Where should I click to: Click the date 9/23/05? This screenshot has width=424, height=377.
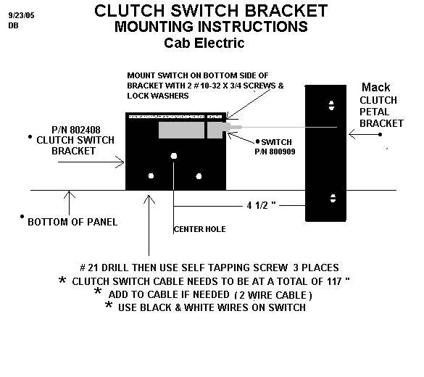(21, 15)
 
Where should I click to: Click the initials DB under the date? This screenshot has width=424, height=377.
(13, 25)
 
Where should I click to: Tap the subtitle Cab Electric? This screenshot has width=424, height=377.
(204, 43)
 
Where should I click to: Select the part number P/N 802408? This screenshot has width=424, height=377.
(76, 130)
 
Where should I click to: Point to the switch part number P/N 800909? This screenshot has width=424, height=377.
(275, 152)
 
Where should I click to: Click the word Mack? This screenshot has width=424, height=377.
(376, 87)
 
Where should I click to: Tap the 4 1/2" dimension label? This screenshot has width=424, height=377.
(261, 206)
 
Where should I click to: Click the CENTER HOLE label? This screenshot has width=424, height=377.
(200, 229)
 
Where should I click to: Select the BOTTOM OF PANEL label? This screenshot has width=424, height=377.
(72, 222)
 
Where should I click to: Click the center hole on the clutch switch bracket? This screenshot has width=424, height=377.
(174, 156)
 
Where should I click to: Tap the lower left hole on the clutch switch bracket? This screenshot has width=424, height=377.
(151, 176)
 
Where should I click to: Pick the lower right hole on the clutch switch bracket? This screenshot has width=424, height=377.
(199, 176)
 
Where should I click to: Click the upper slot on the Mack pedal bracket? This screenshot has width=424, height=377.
(331, 105)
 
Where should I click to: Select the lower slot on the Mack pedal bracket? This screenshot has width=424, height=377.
(333, 198)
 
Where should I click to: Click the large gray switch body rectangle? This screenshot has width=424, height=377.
(181, 130)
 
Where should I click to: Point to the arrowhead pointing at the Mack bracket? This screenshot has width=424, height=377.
(352, 134)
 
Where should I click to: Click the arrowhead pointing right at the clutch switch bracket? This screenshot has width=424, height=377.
(120, 162)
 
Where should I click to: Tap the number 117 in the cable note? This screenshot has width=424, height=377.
(334, 281)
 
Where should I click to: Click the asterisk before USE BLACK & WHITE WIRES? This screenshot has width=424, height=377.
(109, 304)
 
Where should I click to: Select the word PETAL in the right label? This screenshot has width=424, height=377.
(374, 112)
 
